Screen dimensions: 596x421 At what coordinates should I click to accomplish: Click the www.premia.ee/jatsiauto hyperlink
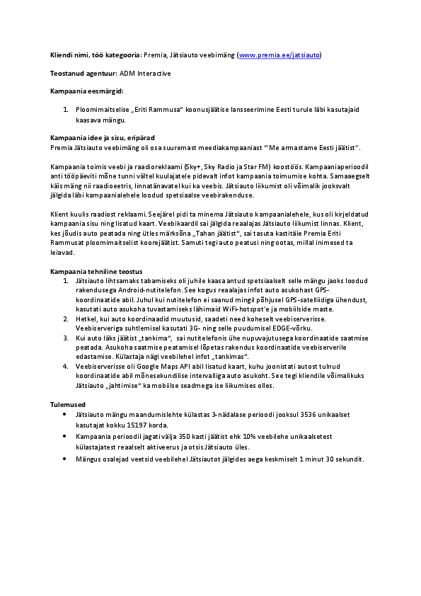[280, 55]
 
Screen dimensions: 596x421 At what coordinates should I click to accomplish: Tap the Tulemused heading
[67, 404]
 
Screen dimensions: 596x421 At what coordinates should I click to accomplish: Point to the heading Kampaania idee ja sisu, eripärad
[103, 137]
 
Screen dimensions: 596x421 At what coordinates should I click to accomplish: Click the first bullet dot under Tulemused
[65, 414]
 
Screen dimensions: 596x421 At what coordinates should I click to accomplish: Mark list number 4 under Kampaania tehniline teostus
[65, 367]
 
